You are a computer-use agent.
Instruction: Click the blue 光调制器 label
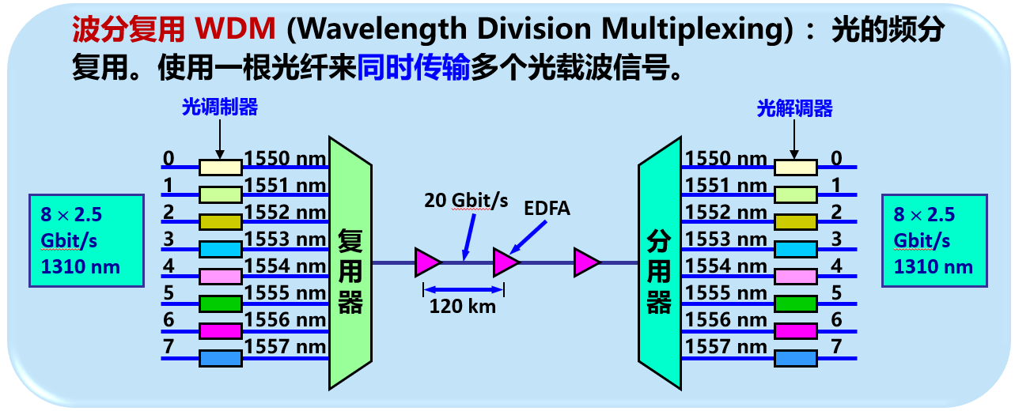coord(220,108)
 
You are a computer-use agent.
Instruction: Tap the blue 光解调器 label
coord(794,108)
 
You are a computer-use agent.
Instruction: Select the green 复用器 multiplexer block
coord(350,265)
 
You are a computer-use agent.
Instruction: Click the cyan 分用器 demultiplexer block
coord(659,265)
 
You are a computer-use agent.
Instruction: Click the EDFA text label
coord(547,209)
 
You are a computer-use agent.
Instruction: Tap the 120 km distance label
coord(463,306)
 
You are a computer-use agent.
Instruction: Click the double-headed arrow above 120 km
coord(464,288)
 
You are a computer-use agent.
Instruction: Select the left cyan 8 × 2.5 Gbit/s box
coord(87,240)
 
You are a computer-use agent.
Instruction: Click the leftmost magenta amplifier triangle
coord(427,262)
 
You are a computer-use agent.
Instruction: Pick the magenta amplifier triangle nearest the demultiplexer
coord(587,262)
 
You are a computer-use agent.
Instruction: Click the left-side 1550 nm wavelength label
coord(286,159)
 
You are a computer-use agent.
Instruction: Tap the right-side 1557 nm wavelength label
coord(725,346)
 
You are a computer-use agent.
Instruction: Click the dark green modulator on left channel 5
coord(220,303)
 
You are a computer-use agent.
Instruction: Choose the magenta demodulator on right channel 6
coord(795,330)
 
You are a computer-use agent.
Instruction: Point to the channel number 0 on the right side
coord(836,158)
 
